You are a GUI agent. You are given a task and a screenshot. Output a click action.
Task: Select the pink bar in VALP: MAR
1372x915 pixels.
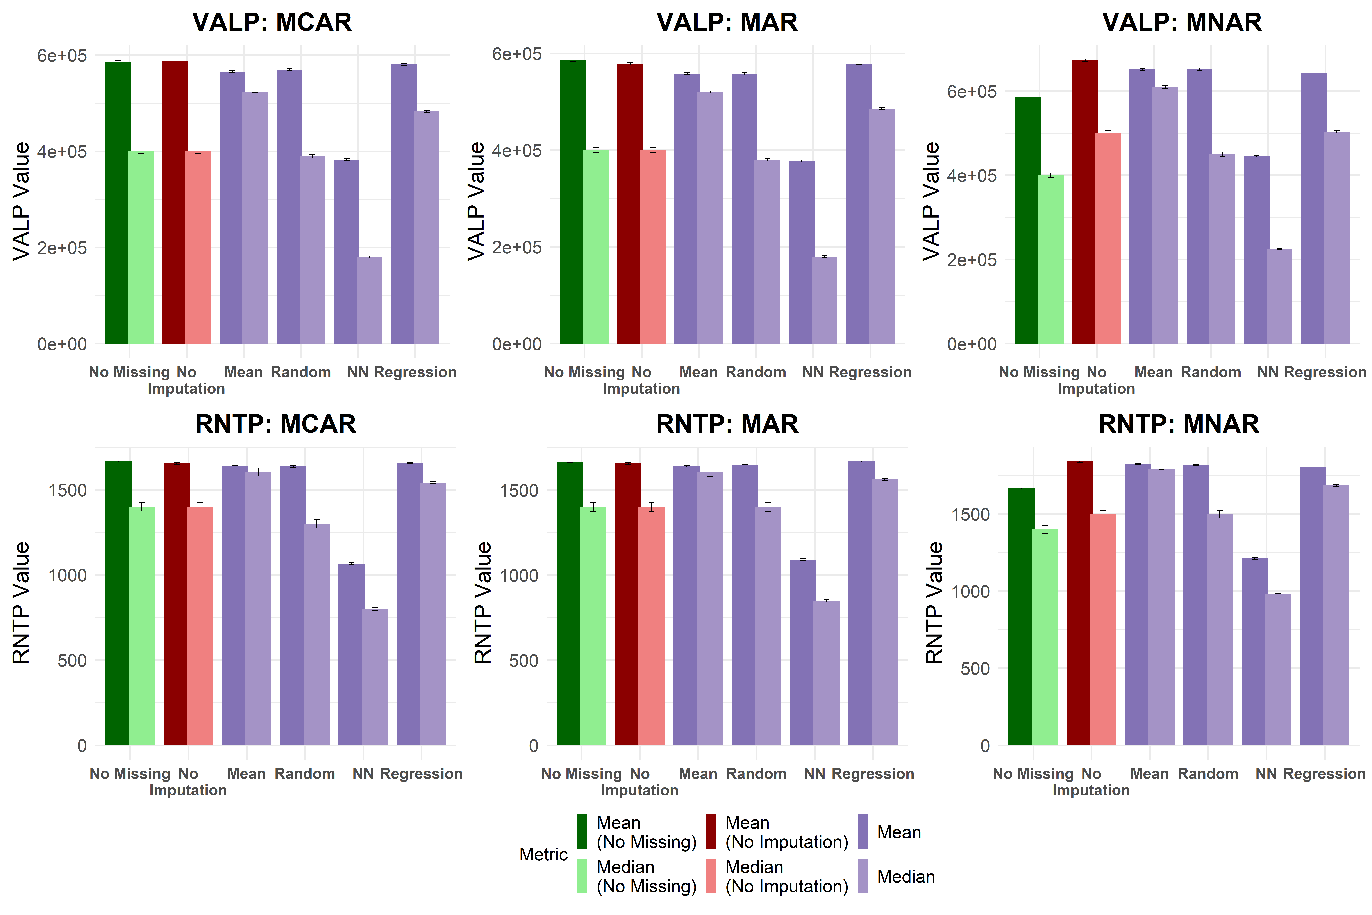[x=653, y=247]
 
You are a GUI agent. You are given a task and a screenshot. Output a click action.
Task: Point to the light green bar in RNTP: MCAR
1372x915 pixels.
[x=142, y=626]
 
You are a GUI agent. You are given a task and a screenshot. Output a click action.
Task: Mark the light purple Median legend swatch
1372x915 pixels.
[x=863, y=876]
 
